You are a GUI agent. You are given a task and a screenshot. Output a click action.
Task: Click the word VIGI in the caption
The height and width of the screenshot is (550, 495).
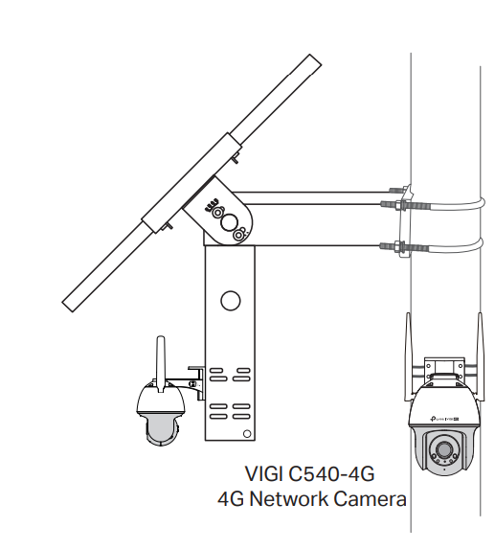pyautogui.click(x=263, y=473)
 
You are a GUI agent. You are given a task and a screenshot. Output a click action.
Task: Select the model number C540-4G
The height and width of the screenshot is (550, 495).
pyautogui.click(x=331, y=473)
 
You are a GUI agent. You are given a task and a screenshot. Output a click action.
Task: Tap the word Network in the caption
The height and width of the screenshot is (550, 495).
pyautogui.click(x=289, y=498)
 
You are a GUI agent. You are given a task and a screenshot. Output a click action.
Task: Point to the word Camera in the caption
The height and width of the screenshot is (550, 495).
pyautogui.click(x=370, y=498)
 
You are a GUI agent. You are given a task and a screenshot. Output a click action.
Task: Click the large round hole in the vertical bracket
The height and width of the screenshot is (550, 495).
pyautogui.click(x=231, y=300)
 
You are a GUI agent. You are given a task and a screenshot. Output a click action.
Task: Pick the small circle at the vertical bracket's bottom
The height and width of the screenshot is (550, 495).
pyautogui.click(x=247, y=434)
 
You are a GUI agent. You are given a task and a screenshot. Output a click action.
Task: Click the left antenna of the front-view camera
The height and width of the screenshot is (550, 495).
pyautogui.click(x=408, y=356)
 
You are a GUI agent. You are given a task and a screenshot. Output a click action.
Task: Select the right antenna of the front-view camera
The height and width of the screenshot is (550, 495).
pyautogui.click(x=480, y=356)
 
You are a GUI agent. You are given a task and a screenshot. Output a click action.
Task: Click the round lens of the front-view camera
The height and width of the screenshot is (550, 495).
pyautogui.click(x=444, y=449)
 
